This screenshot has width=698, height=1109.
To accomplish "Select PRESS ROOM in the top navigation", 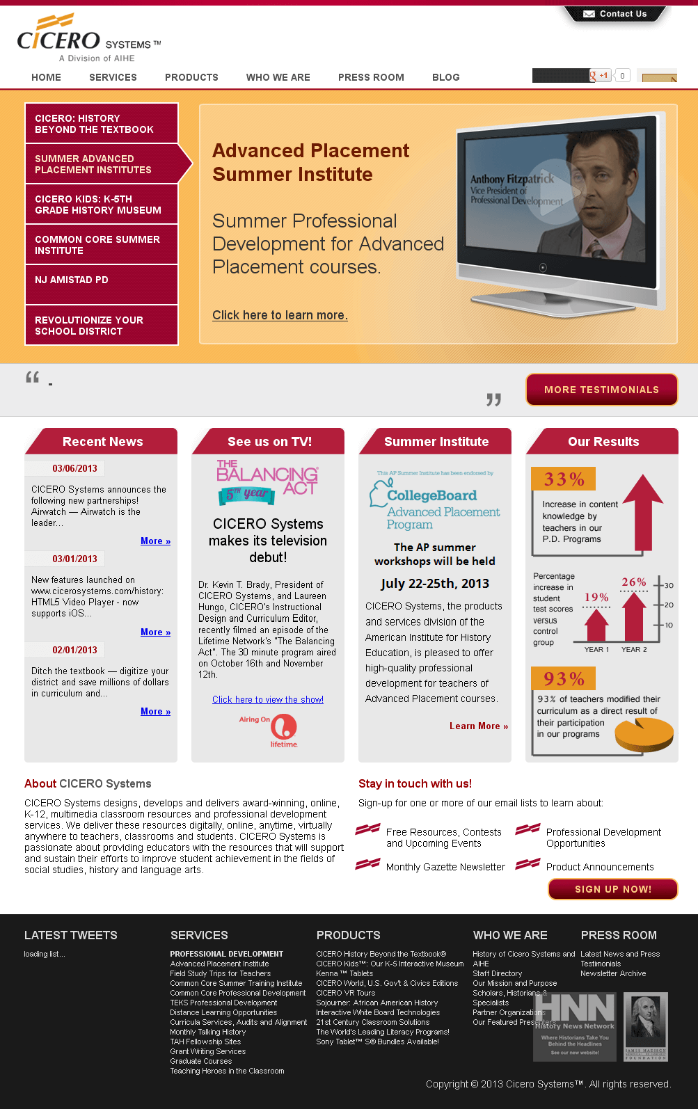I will coord(371,77).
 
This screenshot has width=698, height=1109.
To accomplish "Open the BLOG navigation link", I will coord(445,77).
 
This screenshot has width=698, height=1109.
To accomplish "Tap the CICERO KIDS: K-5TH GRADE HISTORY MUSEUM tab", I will coord(102,205).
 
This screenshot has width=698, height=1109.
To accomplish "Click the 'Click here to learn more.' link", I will coord(280,315).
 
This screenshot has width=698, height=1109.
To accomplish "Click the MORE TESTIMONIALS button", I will coord(601,390).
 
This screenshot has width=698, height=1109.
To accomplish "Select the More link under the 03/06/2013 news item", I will coord(155,541).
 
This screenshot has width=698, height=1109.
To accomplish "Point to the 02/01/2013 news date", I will coord(74,650).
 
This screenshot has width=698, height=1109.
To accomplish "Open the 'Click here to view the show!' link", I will coord(268,700).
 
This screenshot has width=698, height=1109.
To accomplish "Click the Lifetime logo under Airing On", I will coord(283,730).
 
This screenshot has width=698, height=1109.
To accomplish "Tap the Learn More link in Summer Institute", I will coord(478,726).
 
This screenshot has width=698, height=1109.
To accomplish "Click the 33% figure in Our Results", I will coord(564,479).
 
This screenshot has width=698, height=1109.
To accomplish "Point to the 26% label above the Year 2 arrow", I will coord(633,582).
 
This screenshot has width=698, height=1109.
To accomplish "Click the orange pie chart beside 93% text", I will coord(644,735).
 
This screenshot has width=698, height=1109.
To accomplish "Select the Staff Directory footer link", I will coord(497,974).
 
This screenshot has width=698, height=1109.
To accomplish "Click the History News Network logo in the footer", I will coord(575,1026).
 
